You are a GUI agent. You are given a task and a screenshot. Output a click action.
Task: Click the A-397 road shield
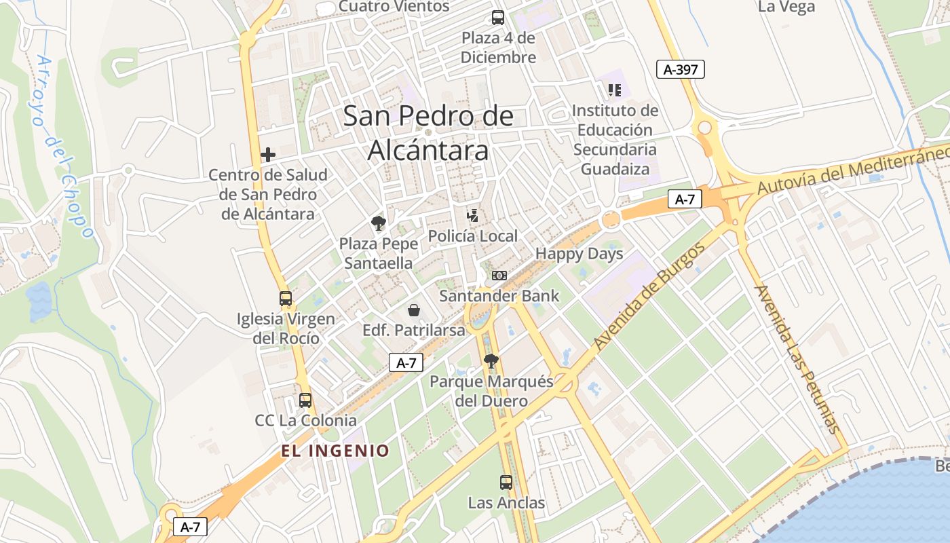pyautogui.click(x=681, y=69)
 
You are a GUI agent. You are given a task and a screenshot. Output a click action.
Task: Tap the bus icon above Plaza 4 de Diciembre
pyautogui.click(x=498, y=18)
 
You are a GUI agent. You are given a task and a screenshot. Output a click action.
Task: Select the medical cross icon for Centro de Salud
pyautogui.click(x=268, y=155)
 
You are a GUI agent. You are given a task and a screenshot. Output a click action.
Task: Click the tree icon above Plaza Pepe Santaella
pyautogui.click(x=377, y=223)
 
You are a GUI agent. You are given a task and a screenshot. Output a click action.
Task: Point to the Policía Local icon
pyautogui.click(x=473, y=217)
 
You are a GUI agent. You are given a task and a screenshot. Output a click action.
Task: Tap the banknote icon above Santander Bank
pyautogui.click(x=499, y=276)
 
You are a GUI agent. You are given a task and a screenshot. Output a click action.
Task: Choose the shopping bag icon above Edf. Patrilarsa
pyautogui.click(x=414, y=311)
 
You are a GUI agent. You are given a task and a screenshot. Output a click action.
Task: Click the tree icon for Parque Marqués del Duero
pyautogui.click(x=491, y=361)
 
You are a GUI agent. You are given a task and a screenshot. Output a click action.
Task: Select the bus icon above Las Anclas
pyautogui.click(x=506, y=483)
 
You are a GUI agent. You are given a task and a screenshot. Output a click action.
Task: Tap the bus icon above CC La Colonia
pyautogui.click(x=305, y=400)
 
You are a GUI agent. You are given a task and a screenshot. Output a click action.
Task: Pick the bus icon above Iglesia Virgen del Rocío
pyautogui.click(x=286, y=298)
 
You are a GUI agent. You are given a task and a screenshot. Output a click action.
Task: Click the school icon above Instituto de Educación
pyautogui.click(x=615, y=90)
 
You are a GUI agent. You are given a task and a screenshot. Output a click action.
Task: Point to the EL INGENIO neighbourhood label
pyautogui.click(x=336, y=451)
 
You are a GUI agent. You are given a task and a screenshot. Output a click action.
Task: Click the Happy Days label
pyautogui.click(x=579, y=254)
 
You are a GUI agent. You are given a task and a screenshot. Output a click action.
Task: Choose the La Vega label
pyautogui.click(x=786, y=7)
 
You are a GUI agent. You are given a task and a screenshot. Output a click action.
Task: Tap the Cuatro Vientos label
pyautogui.click(x=394, y=7)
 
